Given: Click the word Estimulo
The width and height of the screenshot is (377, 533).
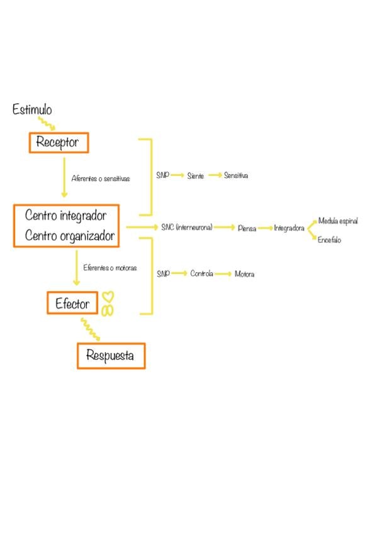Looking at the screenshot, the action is tap(32, 109).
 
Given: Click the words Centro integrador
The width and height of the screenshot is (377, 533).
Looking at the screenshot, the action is tap(65, 216).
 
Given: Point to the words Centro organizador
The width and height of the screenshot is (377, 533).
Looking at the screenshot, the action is tap(70, 236).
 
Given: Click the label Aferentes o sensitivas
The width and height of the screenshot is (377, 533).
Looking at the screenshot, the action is tap(101, 179).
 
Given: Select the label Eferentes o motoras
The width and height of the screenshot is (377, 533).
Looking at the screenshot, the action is tap(110, 268).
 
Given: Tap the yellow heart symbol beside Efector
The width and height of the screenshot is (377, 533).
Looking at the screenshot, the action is tap(108, 297).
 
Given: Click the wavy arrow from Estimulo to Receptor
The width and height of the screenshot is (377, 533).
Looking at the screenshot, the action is tap(47, 123).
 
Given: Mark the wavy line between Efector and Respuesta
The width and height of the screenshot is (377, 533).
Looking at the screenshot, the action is tap(90, 329).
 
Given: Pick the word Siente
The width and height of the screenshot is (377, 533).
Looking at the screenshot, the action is tap(195, 176).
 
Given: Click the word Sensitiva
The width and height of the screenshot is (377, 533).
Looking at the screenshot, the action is tap(236, 175).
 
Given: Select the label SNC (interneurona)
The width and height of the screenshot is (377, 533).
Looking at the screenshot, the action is tap(187, 227).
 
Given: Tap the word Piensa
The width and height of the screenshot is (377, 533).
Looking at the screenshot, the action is tap(247, 228).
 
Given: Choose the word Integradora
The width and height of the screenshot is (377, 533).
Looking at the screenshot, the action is tap(289, 228).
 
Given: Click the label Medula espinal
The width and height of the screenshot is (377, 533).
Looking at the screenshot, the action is tap(338, 221).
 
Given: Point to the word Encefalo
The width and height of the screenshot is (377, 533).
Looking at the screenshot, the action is tap(329, 239).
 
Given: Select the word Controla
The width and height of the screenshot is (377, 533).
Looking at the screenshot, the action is tap(202, 273).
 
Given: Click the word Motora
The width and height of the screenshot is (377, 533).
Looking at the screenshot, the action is tap(244, 274).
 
